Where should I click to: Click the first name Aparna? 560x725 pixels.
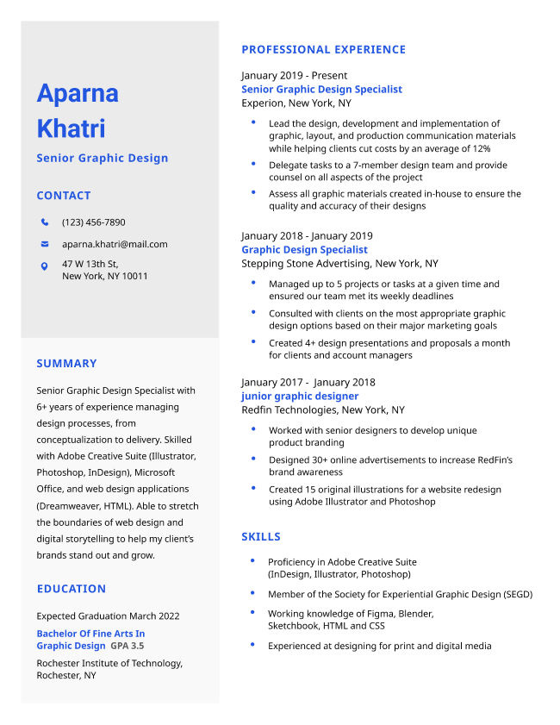[78, 93]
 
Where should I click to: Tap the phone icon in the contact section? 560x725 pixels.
[45, 222]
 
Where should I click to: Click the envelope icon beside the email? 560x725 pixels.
[45, 244]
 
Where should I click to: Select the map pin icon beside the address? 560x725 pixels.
[45, 266]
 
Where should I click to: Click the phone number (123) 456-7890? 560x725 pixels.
[93, 222]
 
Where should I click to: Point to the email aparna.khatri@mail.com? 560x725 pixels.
[115, 244]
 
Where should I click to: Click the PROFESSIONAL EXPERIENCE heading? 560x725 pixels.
[323, 50]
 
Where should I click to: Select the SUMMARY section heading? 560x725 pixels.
[66, 364]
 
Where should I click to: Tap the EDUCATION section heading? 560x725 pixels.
[71, 589]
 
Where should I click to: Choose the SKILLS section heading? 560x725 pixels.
[261, 537]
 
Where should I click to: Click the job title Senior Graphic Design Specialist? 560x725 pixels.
[321, 89]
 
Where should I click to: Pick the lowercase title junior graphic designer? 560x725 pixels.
[300, 396]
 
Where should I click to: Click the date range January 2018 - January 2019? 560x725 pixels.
[307, 235]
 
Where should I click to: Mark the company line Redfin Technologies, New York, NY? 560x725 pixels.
[322, 409]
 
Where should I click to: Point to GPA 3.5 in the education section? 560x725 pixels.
[128, 646]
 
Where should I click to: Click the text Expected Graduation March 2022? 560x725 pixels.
[108, 616]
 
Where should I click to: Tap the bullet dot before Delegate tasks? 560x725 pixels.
[253, 163]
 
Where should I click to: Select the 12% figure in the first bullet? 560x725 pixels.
[481, 148]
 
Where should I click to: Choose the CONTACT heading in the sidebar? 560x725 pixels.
[63, 196]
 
